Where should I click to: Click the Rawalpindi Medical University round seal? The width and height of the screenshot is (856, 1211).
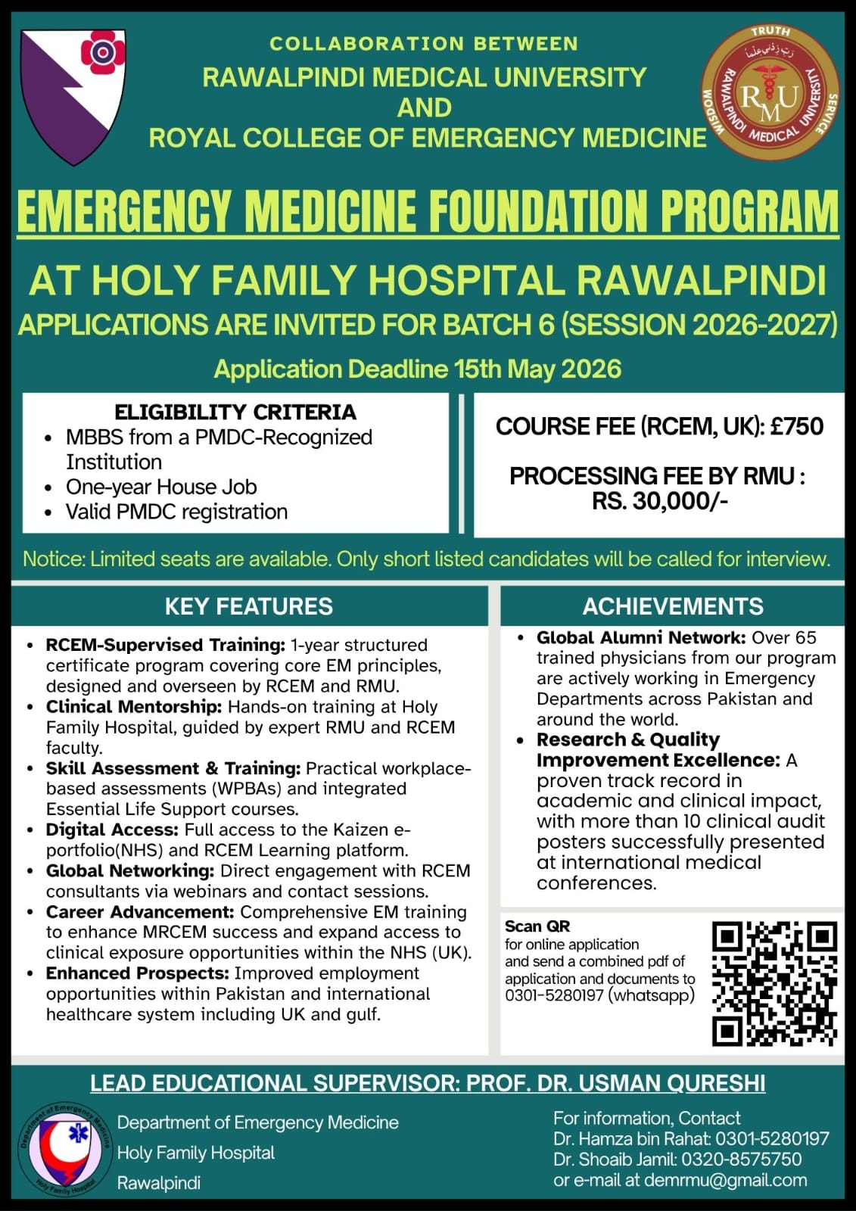pyautogui.click(x=770, y=92)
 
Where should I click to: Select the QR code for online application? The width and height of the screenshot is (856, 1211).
pyautogui.click(x=774, y=982)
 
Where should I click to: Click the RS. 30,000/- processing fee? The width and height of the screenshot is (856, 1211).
pyautogui.click(x=659, y=501)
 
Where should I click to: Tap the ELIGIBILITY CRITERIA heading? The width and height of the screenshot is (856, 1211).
pyautogui.click(x=235, y=412)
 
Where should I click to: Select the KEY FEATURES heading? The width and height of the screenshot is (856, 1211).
pyautogui.click(x=249, y=606)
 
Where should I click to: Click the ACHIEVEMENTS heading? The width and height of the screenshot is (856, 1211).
pyautogui.click(x=673, y=606)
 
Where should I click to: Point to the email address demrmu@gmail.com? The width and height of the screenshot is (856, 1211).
pyautogui.click(x=725, y=1180)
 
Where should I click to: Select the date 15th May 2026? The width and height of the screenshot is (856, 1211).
pyautogui.click(x=537, y=369)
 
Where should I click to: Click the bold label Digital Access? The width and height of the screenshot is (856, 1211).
pyautogui.click(x=112, y=830)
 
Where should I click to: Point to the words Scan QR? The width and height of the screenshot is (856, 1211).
pyautogui.click(x=537, y=926)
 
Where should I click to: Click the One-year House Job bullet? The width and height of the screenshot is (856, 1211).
pyautogui.click(x=161, y=487)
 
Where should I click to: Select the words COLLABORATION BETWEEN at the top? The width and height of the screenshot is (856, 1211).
pyautogui.click(x=424, y=44)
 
